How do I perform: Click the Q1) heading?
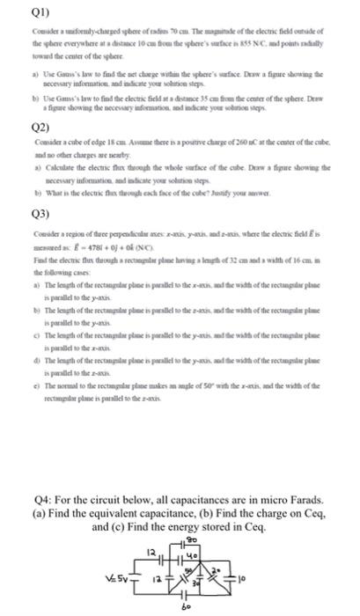pyautogui.click(x=14, y=12)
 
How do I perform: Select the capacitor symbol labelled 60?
pyautogui.click(x=182, y=595)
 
